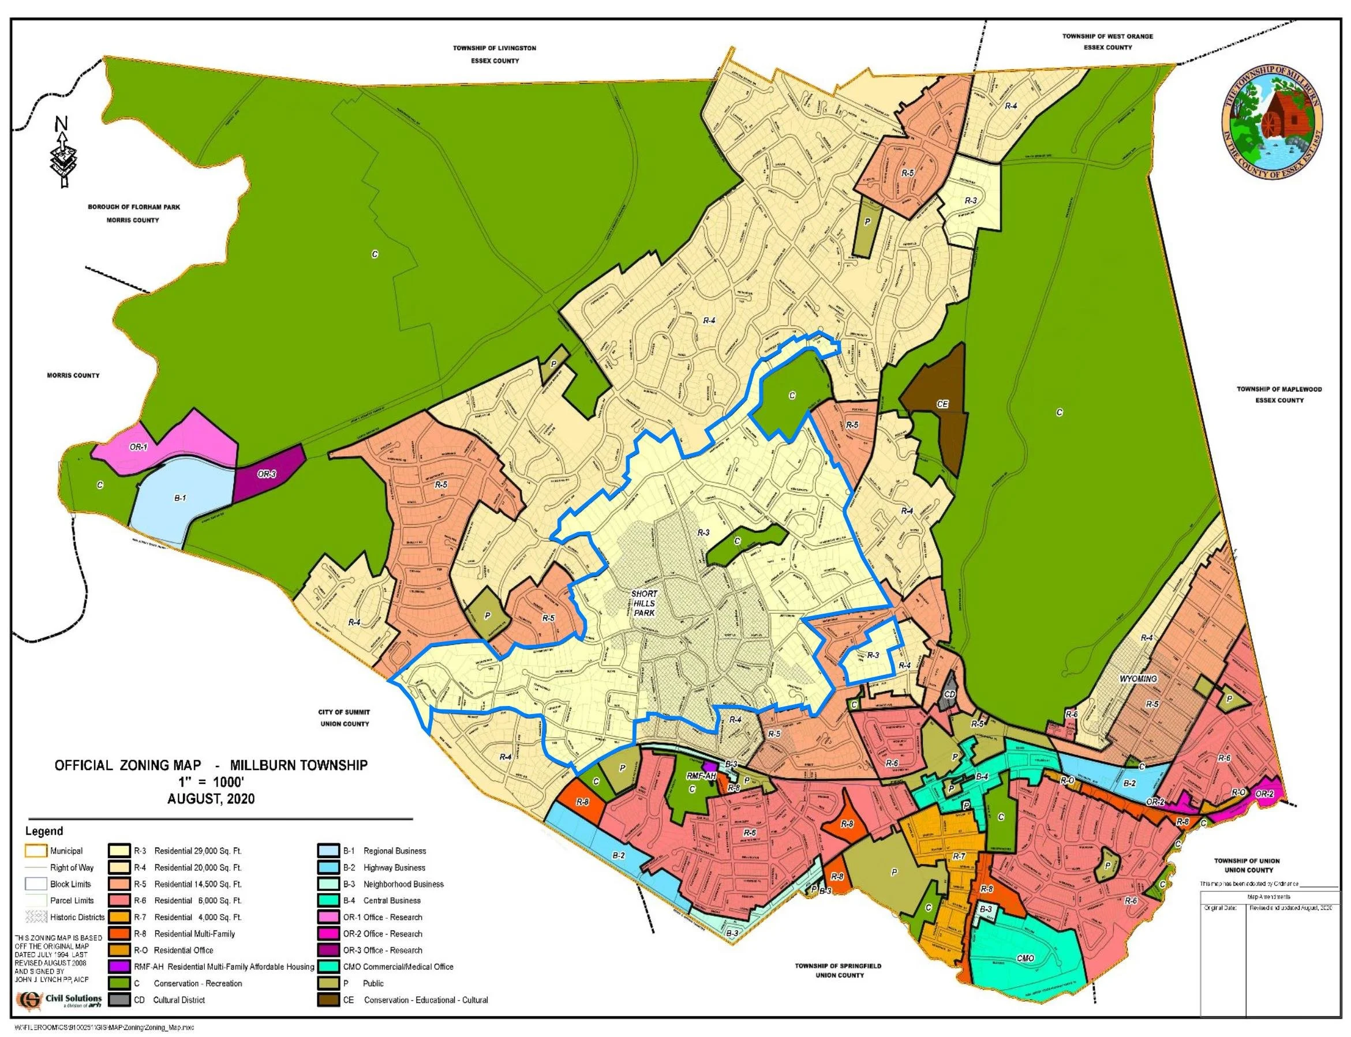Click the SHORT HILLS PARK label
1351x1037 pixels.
coord(644,603)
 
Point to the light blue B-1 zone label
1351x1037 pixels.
coord(179,498)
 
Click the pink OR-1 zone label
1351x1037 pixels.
coord(139,447)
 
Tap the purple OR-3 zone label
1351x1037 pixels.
coord(267,474)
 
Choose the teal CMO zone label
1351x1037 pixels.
coord(1025,959)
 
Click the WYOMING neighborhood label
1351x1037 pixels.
coord(1138,678)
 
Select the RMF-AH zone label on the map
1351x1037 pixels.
coord(701,776)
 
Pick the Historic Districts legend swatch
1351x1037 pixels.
coord(37,916)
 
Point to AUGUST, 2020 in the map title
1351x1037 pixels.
coord(211,799)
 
